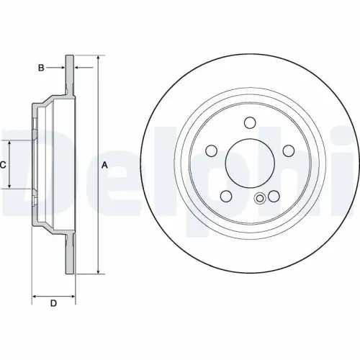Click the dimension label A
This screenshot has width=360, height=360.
tap(104, 165)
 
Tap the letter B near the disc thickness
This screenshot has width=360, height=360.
tap(42, 68)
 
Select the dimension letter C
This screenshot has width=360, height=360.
tap(3, 165)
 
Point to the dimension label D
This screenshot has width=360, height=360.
tap(53, 303)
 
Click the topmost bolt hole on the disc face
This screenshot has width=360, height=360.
tap(251, 122)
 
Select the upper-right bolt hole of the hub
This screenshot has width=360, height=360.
tap(288, 150)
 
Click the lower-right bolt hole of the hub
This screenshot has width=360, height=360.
tap(274, 196)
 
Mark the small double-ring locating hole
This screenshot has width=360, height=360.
tap(259, 199)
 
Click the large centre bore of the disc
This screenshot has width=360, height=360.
tap(251, 163)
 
